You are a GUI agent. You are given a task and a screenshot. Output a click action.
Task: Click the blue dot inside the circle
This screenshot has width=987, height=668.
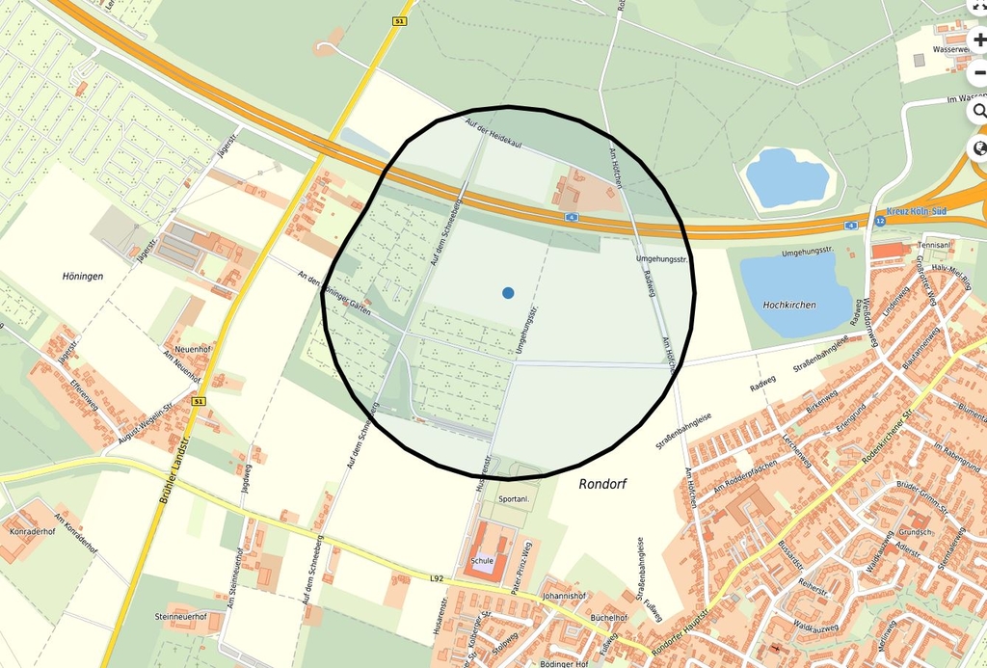(x=508, y=292)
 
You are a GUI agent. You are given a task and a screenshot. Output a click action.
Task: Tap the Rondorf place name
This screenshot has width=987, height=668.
(x=602, y=485)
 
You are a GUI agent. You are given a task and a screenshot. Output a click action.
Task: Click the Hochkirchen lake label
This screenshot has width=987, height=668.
(x=788, y=305)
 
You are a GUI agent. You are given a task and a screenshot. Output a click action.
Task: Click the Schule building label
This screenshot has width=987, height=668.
(x=482, y=559)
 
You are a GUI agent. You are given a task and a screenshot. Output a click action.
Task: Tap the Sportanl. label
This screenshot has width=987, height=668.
(x=514, y=498)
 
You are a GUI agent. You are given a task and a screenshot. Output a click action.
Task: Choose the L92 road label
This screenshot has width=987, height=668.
(x=436, y=577)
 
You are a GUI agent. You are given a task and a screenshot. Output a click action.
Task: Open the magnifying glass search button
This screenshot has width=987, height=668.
(x=979, y=111)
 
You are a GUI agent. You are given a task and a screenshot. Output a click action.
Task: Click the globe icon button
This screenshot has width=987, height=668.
(x=979, y=148)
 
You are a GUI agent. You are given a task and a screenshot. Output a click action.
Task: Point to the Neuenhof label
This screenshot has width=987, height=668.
(x=192, y=348)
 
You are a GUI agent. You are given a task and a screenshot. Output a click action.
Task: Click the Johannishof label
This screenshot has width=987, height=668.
(x=564, y=596)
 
